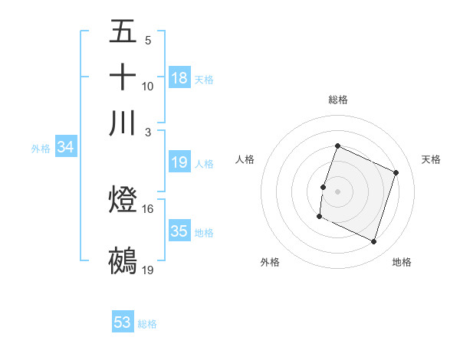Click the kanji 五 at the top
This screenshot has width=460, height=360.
pos(123,32)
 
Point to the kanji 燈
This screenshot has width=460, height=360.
pos(123,201)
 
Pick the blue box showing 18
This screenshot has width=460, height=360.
pos(179,78)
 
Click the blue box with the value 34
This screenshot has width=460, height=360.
pos(65,147)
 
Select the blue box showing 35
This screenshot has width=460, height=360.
pos(179,231)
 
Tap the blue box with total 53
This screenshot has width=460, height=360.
pos(123,322)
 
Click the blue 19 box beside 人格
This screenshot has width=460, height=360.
pos(179,162)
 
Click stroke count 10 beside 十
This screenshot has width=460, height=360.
pos(147,86)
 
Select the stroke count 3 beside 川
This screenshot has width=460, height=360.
pos(148,131)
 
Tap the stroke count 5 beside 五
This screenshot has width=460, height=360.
pos(148,40)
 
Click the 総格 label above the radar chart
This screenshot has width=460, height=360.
pos(337,100)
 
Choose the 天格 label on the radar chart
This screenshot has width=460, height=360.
pos(431,159)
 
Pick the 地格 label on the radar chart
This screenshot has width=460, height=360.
pos(402,262)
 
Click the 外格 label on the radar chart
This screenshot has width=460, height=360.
pos(270,262)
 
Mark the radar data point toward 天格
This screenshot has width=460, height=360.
pos(396,173)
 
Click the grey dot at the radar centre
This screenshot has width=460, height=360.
pos(337,190)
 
